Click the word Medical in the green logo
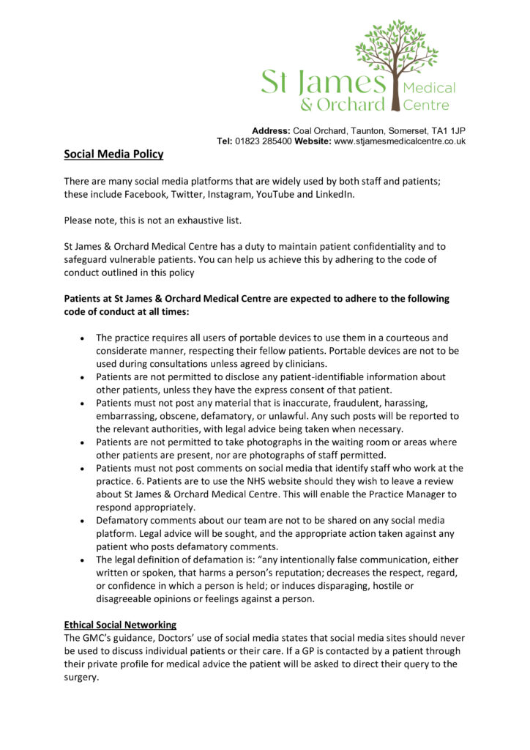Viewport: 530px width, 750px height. (430, 88)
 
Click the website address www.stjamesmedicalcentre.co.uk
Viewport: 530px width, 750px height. (400, 141)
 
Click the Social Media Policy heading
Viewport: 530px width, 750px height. (113, 155)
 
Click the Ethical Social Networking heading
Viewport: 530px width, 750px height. (120, 625)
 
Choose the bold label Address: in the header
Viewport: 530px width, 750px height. (271, 130)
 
